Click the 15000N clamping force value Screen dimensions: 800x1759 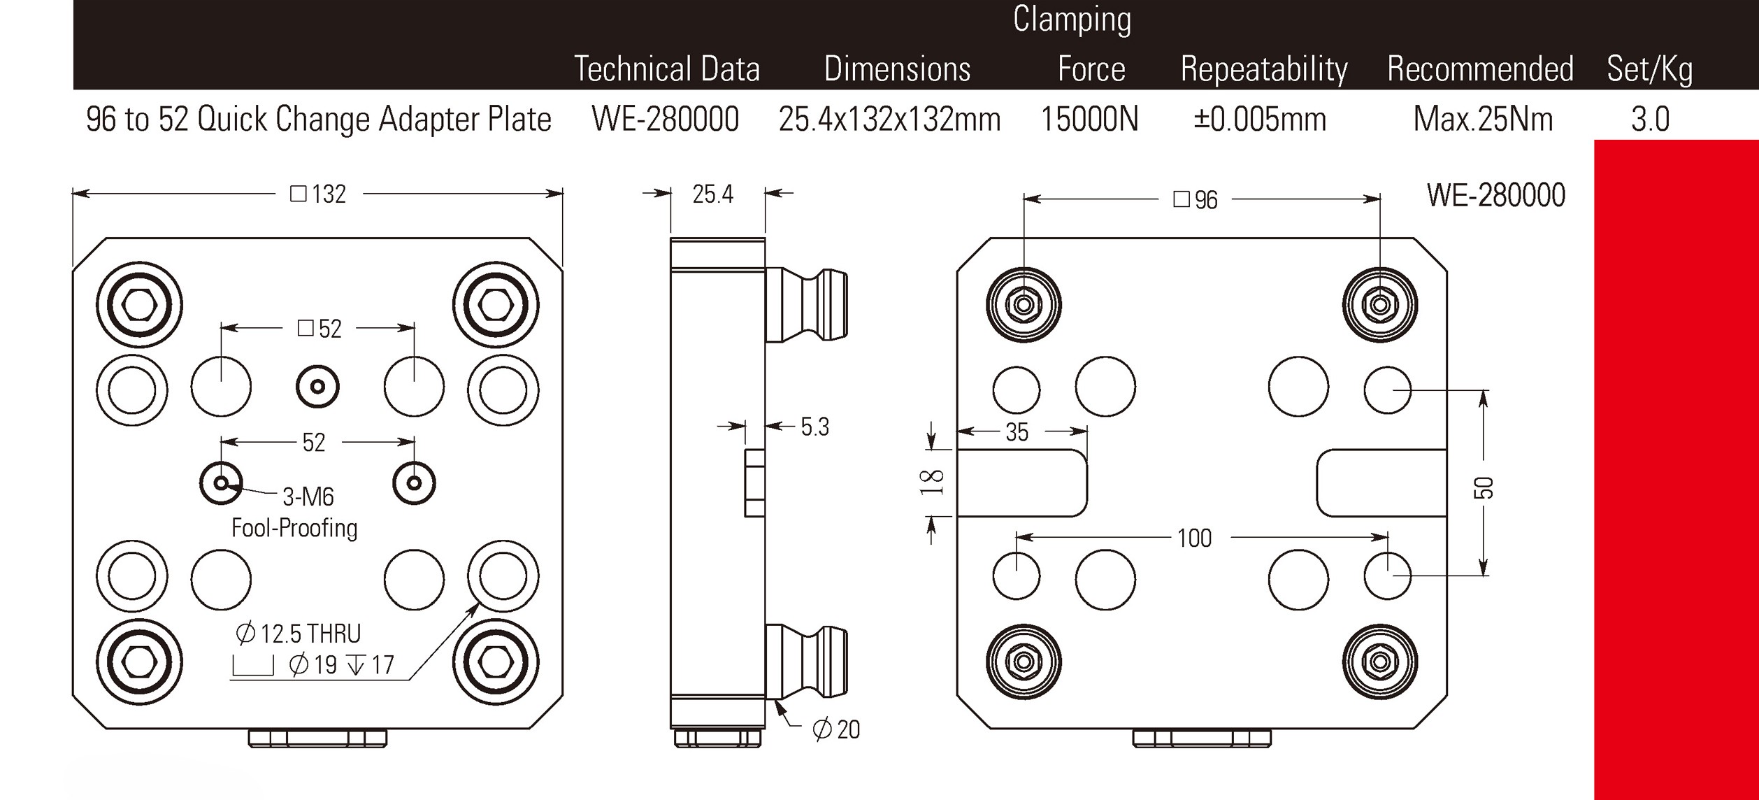1089,120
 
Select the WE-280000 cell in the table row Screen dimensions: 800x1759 665,120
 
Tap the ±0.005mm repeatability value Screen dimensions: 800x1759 1259,120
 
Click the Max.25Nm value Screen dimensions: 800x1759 1483,120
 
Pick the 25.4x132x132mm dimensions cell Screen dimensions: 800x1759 889,120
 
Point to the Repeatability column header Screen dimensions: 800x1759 1264,69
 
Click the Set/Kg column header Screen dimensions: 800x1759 1649,69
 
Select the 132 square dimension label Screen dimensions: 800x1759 319,194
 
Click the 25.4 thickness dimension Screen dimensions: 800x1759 712,194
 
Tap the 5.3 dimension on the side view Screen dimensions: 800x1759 814,427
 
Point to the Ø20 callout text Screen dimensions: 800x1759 836,729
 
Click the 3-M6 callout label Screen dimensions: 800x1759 308,497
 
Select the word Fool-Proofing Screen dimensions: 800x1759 294,528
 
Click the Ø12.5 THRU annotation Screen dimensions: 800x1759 299,634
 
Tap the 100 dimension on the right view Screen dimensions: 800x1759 1194,538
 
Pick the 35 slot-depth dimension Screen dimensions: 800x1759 1017,433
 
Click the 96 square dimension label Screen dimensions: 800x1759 1196,201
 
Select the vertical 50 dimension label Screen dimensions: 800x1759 1486,487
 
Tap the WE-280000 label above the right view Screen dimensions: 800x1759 1495,196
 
